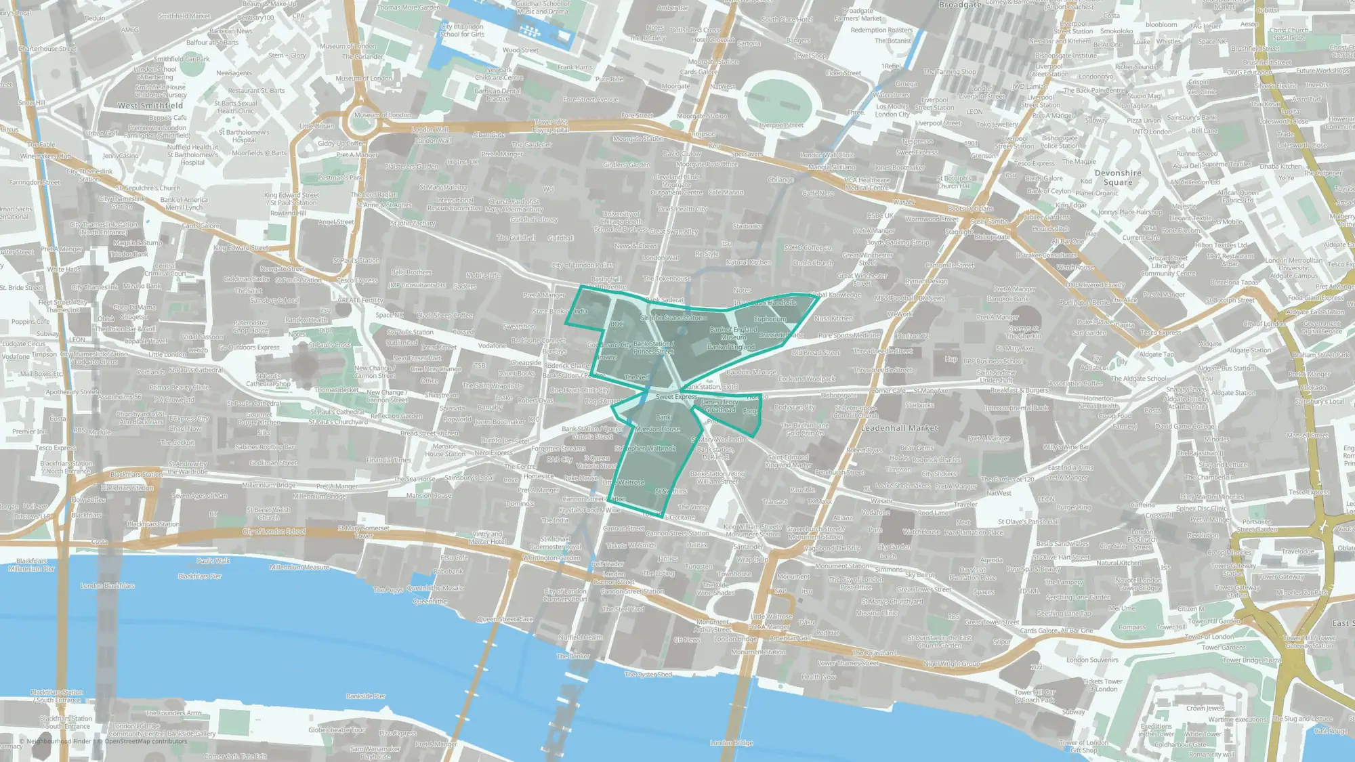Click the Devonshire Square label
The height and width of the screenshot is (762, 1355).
tap(1118, 177)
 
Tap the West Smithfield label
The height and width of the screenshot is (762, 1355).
tap(150, 106)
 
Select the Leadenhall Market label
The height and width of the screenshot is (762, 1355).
tap(899, 428)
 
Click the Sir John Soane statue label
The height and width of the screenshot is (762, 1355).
tap(671, 318)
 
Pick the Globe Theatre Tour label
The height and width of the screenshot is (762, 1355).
tap(337, 729)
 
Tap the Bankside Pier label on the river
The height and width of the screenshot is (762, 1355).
tap(366, 696)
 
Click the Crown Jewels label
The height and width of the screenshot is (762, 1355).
tap(1205, 708)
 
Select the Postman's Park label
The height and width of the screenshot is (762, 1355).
tap(341, 177)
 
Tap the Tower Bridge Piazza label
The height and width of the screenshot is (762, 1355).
tap(1252, 660)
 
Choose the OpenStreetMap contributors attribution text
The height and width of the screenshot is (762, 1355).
tap(146, 741)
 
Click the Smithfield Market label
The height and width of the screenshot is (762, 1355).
tap(184, 16)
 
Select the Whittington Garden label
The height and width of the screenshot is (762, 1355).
tap(551, 557)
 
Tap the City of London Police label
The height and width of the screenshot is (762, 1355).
tap(582, 265)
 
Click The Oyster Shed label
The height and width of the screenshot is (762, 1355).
tap(648, 675)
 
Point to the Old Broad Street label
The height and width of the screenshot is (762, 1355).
tap(816, 353)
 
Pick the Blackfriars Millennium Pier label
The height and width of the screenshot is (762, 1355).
tap(31, 565)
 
